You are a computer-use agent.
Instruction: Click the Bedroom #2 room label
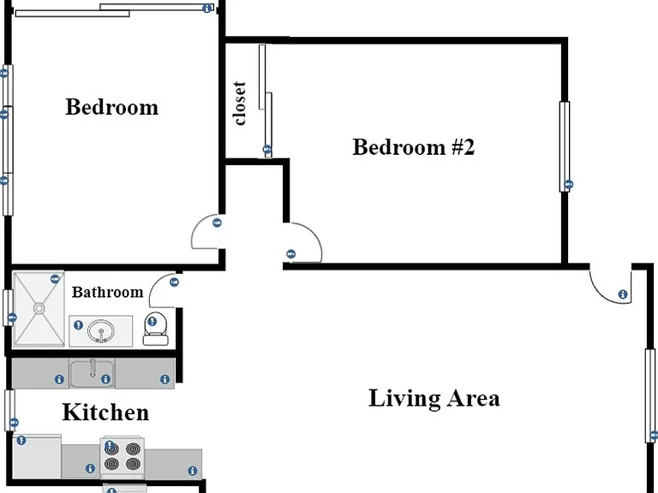[x=413, y=147]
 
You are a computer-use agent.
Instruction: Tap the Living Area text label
[x=434, y=398]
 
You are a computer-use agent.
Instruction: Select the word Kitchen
[x=105, y=412]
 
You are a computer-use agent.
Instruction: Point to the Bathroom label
[x=107, y=292]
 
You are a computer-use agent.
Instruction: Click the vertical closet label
[x=240, y=104]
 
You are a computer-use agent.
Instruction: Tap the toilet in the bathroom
[x=155, y=329]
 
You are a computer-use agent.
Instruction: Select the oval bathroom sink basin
[x=101, y=330]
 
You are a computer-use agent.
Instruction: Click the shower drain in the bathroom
[x=39, y=309]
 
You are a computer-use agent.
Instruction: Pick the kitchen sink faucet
[x=93, y=368]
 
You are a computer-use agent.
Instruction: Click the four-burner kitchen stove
[x=123, y=457]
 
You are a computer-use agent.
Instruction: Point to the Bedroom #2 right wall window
[x=565, y=146]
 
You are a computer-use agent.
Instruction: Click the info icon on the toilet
[x=152, y=322]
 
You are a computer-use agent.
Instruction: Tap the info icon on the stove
[x=110, y=445]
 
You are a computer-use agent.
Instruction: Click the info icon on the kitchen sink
[x=105, y=379]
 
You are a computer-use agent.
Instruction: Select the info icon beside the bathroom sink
[x=78, y=325]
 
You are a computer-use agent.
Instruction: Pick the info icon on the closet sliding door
[x=267, y=149]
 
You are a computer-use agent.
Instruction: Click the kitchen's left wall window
[x=9, y=411]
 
